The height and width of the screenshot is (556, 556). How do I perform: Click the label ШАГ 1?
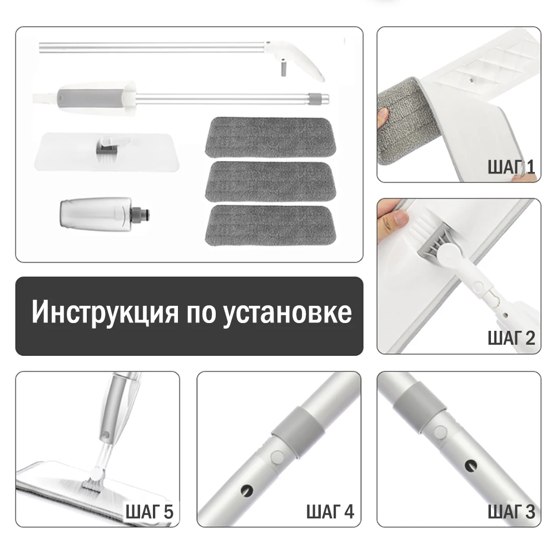click(x=511, y=167)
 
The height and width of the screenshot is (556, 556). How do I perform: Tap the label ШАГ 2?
click(x=511, y=337)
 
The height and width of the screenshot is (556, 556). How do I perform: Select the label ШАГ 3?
click(x=511, y=512)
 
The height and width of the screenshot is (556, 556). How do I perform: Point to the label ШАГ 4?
click(x=330, y=512)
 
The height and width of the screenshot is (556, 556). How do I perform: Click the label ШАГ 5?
click(x=150, y=512)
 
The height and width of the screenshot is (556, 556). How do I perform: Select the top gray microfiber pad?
click(x=270, y=137)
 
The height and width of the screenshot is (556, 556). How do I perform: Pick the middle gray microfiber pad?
click(x=270, y=181)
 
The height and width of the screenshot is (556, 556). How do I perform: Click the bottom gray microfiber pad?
click(x=270, y=225)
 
